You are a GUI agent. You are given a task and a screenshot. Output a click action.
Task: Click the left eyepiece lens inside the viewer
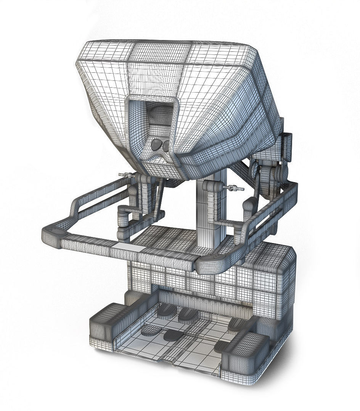pyautogui.click(x=156, y=145)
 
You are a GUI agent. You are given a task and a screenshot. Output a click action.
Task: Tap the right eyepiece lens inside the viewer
pyautogui.click(x=166, y=145)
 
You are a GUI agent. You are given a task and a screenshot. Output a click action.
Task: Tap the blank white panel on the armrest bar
pyautogui.click(x=126, y=246)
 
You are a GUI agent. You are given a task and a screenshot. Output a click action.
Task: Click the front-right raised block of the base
pyautogui.click(x=244, y=350)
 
